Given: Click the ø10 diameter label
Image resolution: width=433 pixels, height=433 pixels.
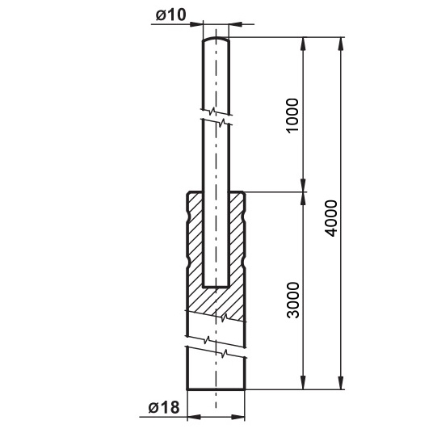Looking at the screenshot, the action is click(x=171, y=15).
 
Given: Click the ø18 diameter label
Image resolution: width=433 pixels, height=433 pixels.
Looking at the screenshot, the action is click(x=164, y=407).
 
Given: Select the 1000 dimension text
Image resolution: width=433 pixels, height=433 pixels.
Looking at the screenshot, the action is click(x=292, y=116).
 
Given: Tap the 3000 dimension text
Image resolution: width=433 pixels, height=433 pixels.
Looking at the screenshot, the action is click(x=292, y=301).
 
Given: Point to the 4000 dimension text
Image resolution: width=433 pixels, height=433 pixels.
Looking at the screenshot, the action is click(x=331, y=218).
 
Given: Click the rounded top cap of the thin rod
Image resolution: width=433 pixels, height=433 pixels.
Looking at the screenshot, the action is click(x=216, y=39).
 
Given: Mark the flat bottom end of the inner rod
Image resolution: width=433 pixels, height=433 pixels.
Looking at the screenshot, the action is click(x=216, y=287).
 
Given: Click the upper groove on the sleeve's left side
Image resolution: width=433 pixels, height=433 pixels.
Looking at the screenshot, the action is click(x=188, y=216).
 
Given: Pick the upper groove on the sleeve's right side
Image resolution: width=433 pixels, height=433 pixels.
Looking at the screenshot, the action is click(x=244, y=216).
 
